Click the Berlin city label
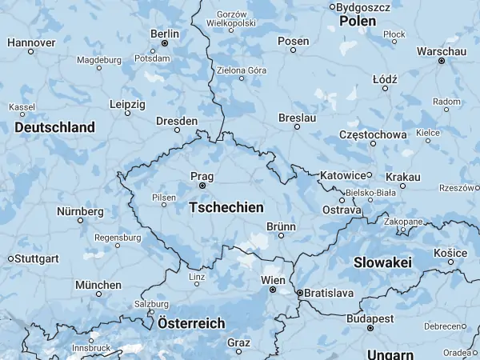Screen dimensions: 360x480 coord(165,34)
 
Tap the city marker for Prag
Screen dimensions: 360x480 coord(202,186)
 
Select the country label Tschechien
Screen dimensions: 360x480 coord(226,207)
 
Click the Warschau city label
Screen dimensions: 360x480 coord(441,51)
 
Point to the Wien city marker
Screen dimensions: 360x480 coord(272,290)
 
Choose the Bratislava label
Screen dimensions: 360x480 coord(330,294)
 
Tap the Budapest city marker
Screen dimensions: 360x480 coord(370,328)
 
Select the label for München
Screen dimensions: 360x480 coord(98,285)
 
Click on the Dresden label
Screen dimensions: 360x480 coord(177,121)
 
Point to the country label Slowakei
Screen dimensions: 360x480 coord(382,262)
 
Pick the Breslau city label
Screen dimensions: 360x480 coord(298,118)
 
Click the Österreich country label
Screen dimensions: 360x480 coord(191,324)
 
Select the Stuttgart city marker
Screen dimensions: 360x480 coord(10,258)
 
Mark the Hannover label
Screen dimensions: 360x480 coord(31,42)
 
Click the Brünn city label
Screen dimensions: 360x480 coord(281,227)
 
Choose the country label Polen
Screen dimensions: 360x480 coord(358,22)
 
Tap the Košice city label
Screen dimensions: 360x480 coord(450,252)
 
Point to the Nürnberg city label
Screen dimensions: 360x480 coord(80,211)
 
